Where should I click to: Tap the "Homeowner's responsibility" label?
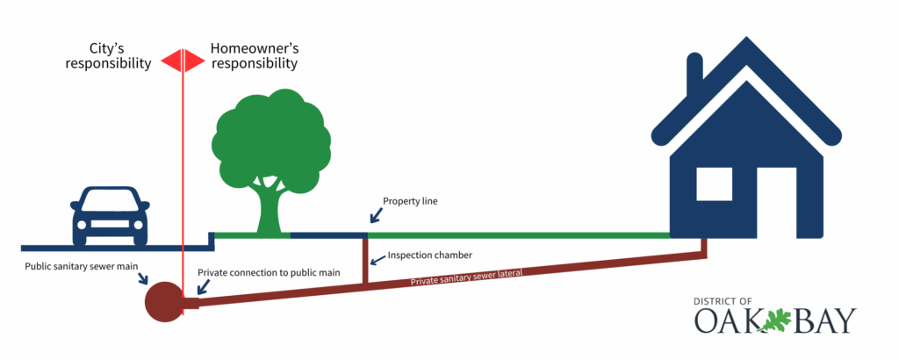tap(254, 54)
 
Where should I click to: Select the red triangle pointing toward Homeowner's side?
tap(196, 60)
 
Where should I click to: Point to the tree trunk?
tap(270, 206)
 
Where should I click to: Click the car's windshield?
tap(110, 201)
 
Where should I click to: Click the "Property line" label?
tap(410, 201)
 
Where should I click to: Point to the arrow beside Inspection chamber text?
tap(375, 259)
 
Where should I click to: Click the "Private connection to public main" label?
tap(269, 273)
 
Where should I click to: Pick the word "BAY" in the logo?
tap(823, 321)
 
